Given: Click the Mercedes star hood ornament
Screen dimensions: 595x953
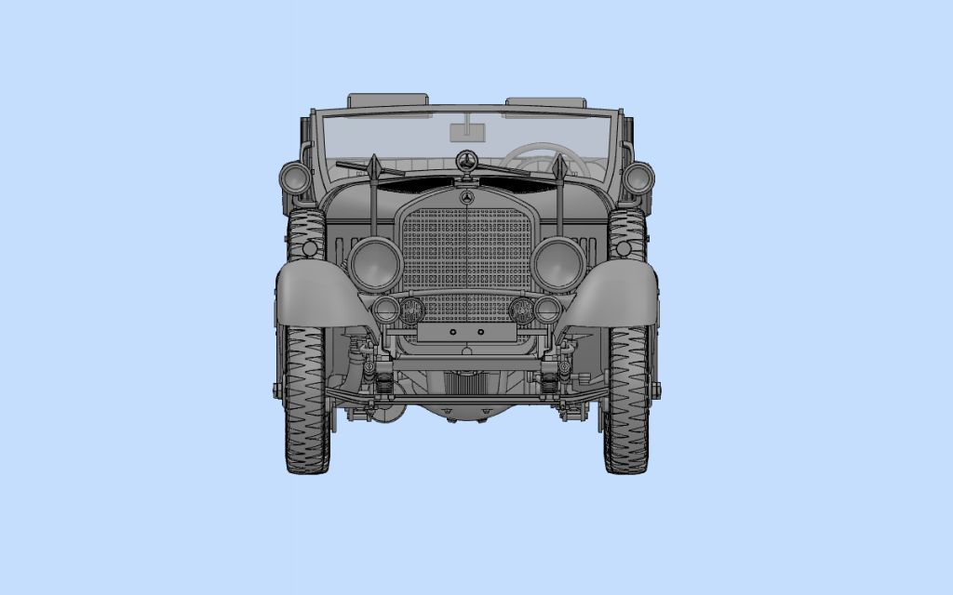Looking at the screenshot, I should [x=467, y=159].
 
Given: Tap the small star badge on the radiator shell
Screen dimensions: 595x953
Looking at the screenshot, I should [x=467, y=198].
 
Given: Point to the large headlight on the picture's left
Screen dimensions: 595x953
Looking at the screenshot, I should [x=376, y=263].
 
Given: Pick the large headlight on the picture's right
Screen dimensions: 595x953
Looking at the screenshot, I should [x=558, y=263].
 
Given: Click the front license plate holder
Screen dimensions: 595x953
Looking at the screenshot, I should [x=467, y=332].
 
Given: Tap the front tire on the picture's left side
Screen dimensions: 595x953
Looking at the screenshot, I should [x=306, y=400].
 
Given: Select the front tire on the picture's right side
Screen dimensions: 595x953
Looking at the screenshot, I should [x=627, y=400].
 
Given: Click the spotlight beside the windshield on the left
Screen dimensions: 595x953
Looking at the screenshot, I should [x=295, y=177].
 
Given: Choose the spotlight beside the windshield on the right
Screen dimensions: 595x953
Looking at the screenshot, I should [x=638, y=177].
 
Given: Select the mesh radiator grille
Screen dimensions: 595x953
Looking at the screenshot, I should [x=467, y=251].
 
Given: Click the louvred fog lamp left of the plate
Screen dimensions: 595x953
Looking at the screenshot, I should [x=411, y=311].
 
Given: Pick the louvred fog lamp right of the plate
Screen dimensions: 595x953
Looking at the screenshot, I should [x=522, y=311].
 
